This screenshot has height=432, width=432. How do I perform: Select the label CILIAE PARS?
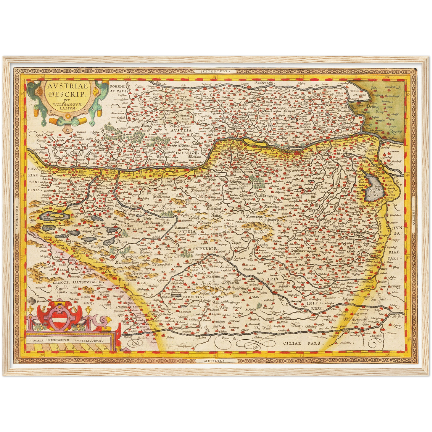point(303,344)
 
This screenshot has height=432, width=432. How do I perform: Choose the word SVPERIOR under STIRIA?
point(206,248)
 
